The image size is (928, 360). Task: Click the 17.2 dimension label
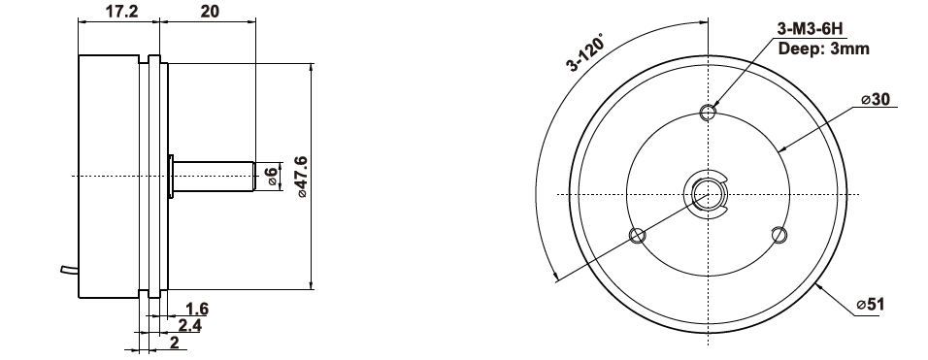click(x=121, y=11)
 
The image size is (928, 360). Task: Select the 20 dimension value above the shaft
click(x=209, y=11)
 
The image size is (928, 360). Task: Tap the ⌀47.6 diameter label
click(x=301, y=177)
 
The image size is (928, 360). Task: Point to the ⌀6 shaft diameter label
click(x=271, y=177)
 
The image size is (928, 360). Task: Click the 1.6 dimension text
click(x=196, y=309)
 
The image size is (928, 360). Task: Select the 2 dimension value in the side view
click(x=175, y=342)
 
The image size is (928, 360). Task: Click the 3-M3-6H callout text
click(x=809, y=29)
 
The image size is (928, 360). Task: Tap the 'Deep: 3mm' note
click(x=824, y=49)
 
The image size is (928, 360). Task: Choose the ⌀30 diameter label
click(x=876, y=99)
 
